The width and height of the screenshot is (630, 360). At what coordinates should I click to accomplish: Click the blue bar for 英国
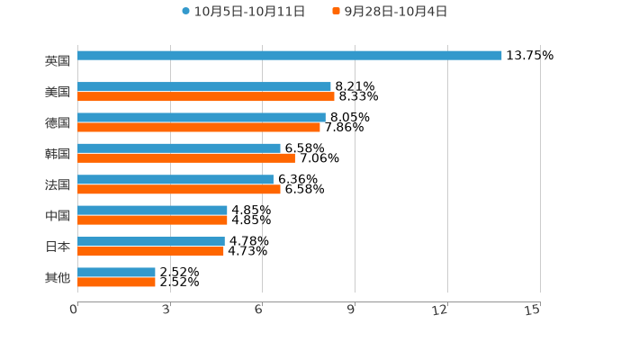point(290,56)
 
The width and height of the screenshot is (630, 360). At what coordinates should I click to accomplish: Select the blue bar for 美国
point(204,87)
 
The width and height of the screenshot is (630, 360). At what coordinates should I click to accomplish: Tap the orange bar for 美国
point(206,97)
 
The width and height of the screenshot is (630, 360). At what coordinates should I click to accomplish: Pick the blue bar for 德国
point(202,118)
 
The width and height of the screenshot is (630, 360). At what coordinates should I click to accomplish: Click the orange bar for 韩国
point(186,158)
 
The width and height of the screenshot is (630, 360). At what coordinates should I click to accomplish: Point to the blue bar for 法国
point(175,180)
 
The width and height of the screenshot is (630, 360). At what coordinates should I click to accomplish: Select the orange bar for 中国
point(152,220)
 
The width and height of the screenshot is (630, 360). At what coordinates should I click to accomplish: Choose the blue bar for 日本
point(151,241)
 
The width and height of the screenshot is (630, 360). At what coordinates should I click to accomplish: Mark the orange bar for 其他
point(116,283)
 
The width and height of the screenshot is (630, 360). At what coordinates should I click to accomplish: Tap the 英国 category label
point(58,61)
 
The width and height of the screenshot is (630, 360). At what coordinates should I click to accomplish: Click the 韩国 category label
point(58,154)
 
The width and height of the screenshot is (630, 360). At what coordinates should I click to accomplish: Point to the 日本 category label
point(58,247)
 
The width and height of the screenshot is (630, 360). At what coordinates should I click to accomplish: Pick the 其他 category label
point(58,277)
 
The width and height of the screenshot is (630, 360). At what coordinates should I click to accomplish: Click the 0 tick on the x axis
point(75,310)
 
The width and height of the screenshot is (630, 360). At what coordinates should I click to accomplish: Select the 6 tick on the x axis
point(258,310)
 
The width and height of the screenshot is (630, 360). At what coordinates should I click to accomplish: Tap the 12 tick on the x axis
point(440,310)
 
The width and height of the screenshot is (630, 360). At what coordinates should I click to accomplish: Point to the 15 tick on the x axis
point(533,310)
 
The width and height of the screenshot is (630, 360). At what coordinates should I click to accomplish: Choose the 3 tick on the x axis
point(166,310)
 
